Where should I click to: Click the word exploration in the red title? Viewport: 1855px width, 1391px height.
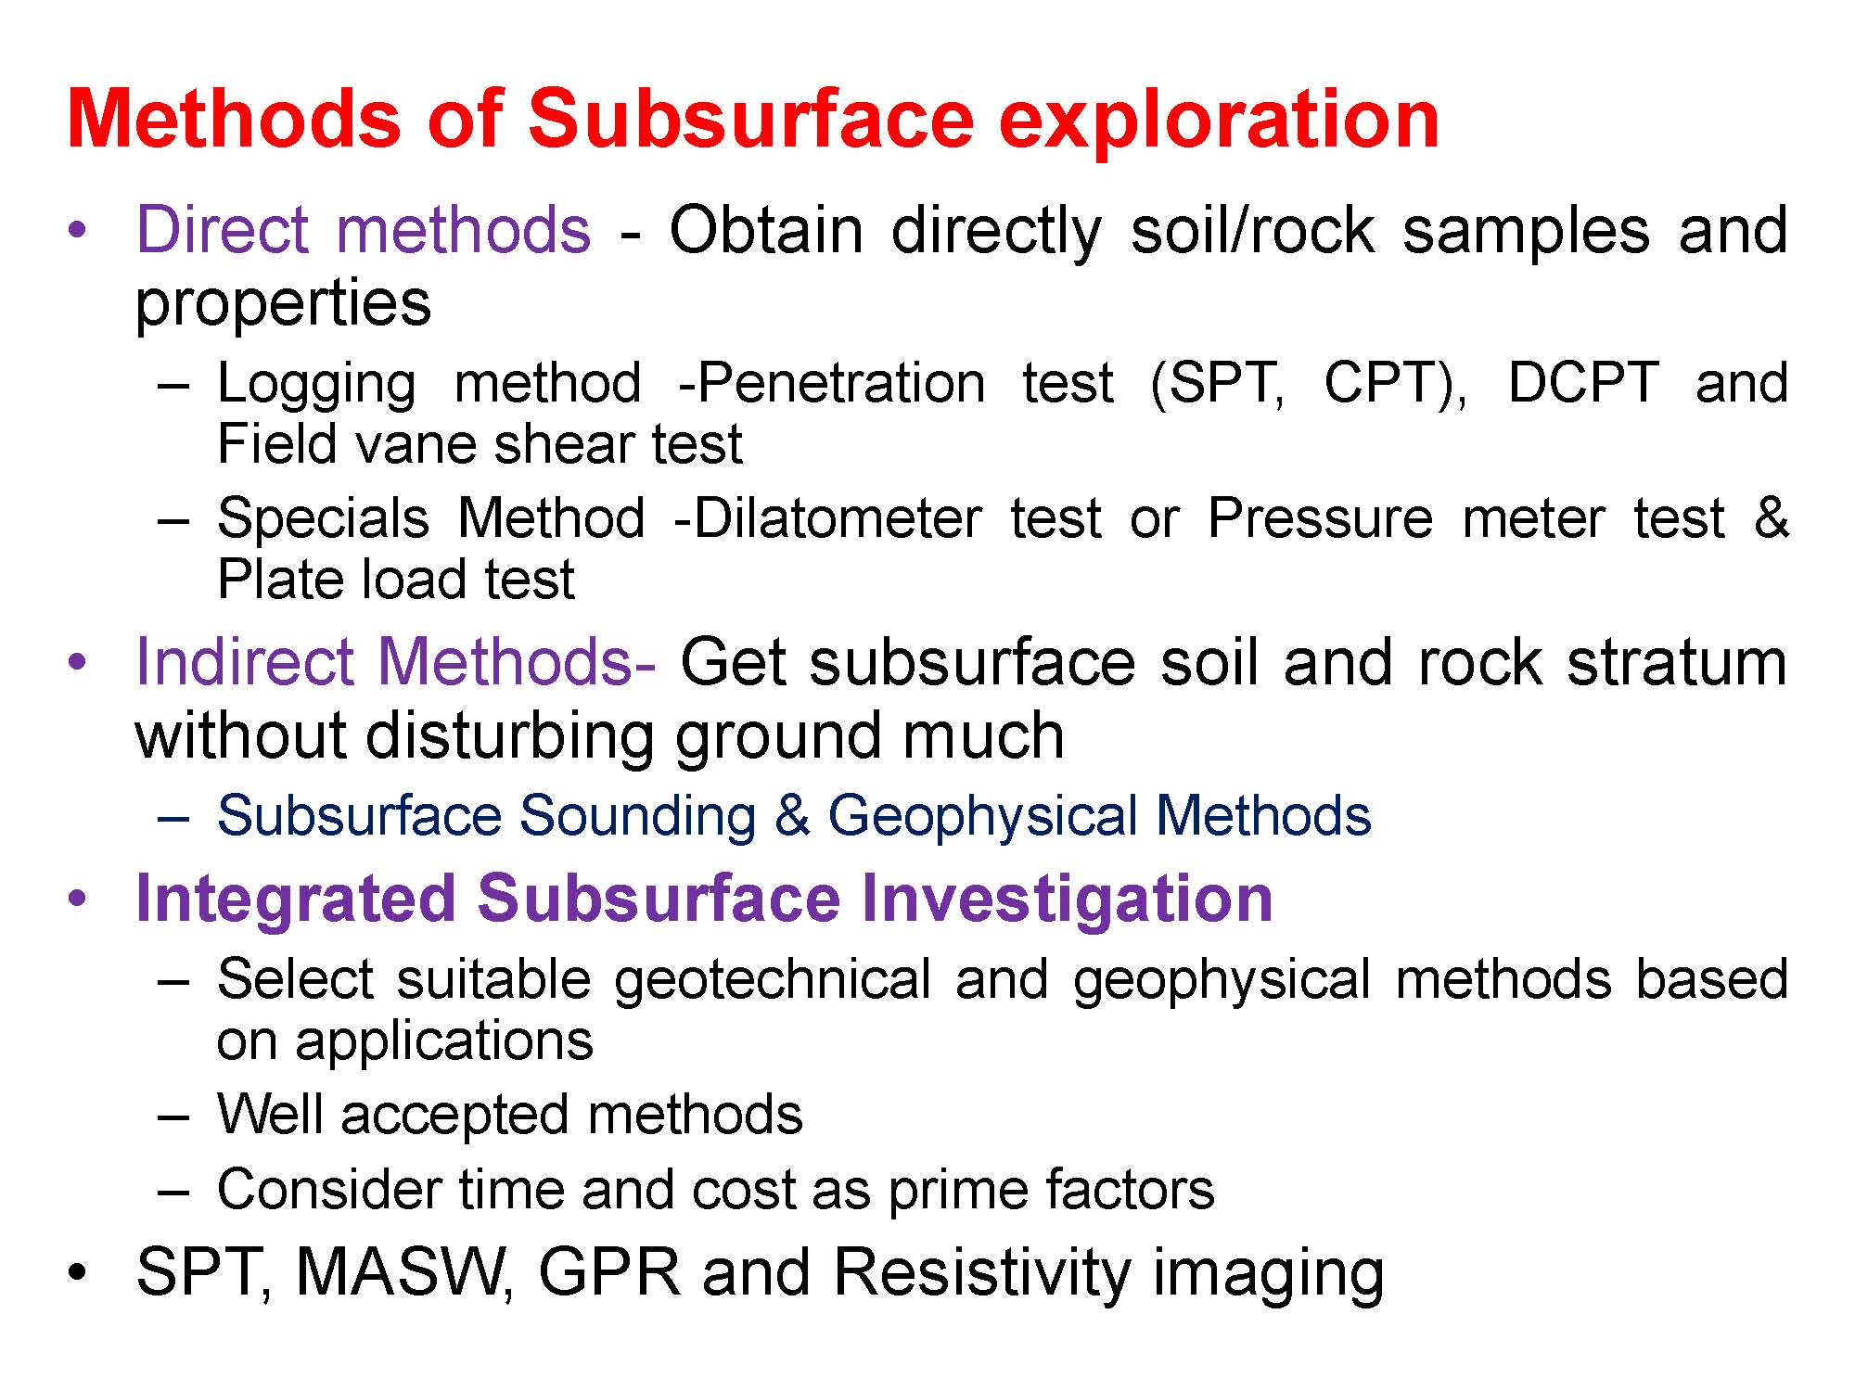[1219, 120]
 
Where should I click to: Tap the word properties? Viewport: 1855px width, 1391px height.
[283, 303]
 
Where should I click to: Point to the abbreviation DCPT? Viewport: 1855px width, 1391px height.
[1583, 382]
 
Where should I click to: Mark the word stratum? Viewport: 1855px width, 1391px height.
[1676, 662]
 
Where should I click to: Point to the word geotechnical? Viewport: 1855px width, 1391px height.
[773, 980]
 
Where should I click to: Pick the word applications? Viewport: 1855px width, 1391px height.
[444, 1040]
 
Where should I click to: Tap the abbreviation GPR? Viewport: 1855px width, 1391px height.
[609, 1271]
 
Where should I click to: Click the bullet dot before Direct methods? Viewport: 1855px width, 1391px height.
[79, 231]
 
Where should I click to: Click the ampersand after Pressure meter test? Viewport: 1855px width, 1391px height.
[1771, 517]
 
